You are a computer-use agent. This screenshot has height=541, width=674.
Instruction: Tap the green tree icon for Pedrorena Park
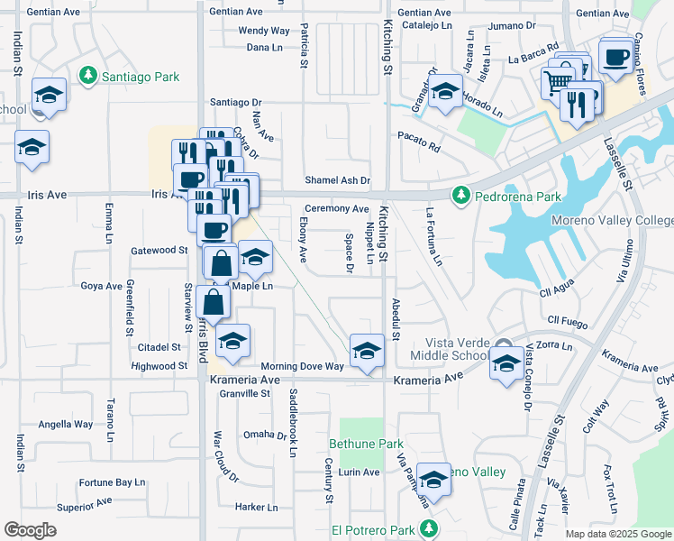point(460,195)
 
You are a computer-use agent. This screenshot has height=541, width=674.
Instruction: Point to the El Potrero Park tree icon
point(431,527)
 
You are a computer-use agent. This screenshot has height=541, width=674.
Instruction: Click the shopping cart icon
point(557,83)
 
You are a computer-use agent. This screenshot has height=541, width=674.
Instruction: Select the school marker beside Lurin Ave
point(433,480)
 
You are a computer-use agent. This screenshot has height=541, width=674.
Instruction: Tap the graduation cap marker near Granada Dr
point(444,91)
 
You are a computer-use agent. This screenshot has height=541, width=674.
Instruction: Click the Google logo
point(30,530)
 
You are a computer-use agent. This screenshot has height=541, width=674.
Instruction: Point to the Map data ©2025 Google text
point(617,534)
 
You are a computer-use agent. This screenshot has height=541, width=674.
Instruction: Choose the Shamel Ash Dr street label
point(337,180)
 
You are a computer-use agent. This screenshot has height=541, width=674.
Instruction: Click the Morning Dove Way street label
point(302,366)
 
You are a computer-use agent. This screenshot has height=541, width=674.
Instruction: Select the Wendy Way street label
point(264,30)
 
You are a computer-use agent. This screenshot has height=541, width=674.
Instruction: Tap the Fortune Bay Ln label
point(112,482)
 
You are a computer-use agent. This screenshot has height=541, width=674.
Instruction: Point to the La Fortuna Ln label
point(433,237)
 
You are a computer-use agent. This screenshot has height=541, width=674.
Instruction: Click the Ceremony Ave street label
point(336,208)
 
